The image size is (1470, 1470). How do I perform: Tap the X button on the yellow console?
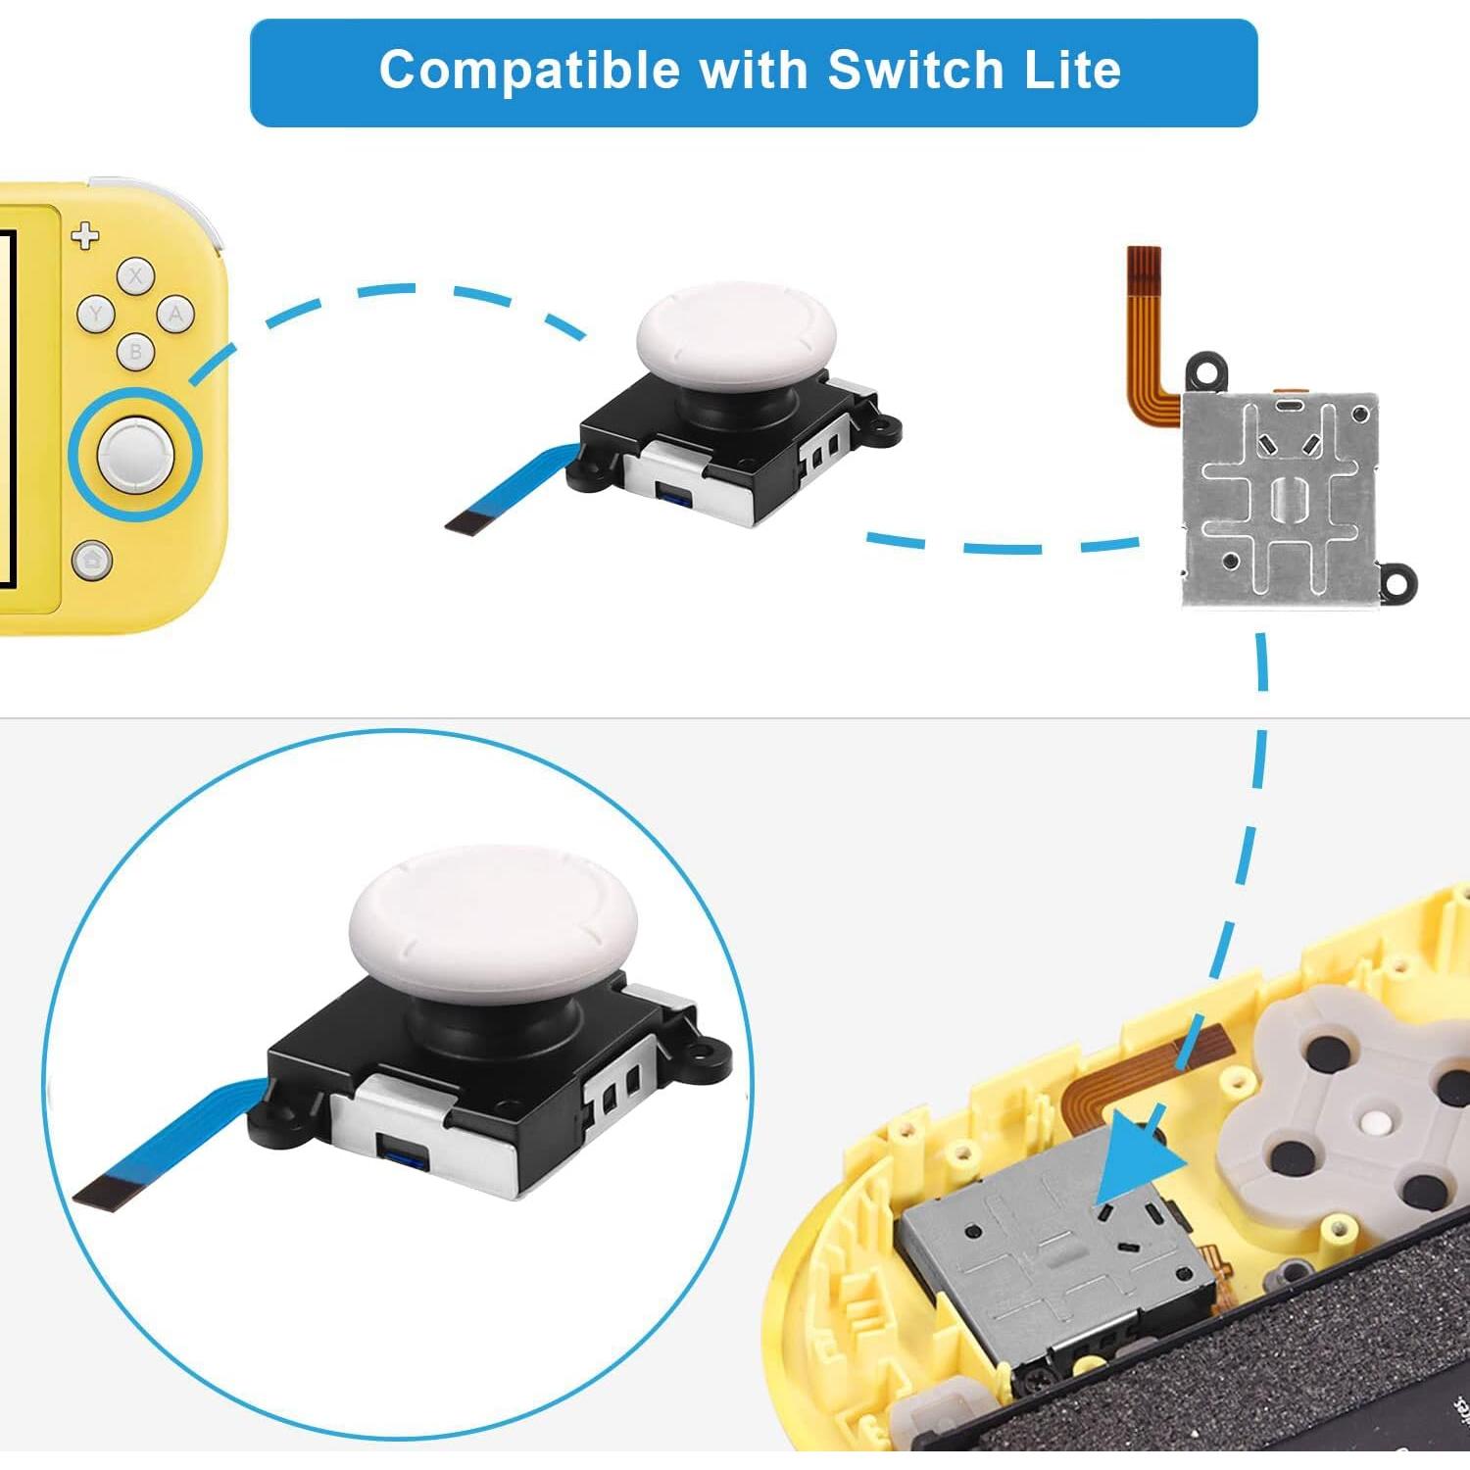135,276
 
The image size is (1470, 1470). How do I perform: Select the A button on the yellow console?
175,315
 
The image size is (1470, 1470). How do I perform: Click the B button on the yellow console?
135,351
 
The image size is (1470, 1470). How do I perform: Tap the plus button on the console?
86,235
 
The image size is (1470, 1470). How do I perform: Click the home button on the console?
92,562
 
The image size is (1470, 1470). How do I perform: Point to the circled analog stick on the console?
135,453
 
